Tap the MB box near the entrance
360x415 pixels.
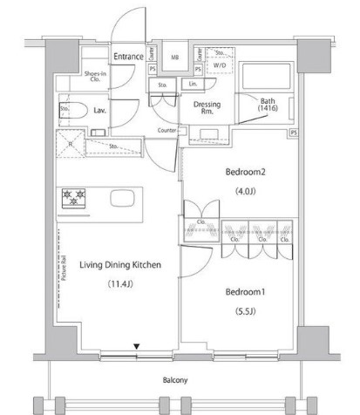(174, 58)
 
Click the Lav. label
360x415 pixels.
(100, 112)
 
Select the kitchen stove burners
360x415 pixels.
(73, 198)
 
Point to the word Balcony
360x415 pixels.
(179, 381)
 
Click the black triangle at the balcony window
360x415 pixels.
(136, 348)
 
